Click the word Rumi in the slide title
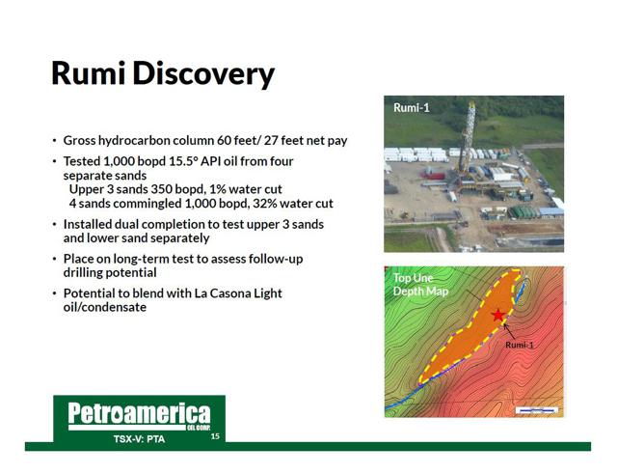[x=88, y=73]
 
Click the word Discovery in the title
[x=203, y=75]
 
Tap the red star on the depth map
[x=498, y=316]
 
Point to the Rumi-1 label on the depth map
[x=520, y=345]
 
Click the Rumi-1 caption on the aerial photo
[x=412, y=107]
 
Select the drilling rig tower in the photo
[x=468, y=137]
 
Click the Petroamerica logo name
[x=139, y=414]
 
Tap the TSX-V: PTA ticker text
[x=139, y=439]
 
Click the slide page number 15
[x=215, y=436]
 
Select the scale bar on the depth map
[x=537, y=410]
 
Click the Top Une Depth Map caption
[x=420, y=285]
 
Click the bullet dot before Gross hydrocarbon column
[x=54, y=141]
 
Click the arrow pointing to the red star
[x=509, y=331]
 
